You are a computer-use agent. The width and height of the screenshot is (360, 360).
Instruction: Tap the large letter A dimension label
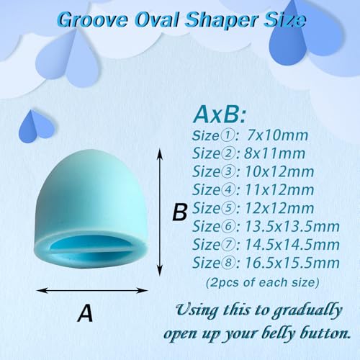(x=86, y=313)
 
